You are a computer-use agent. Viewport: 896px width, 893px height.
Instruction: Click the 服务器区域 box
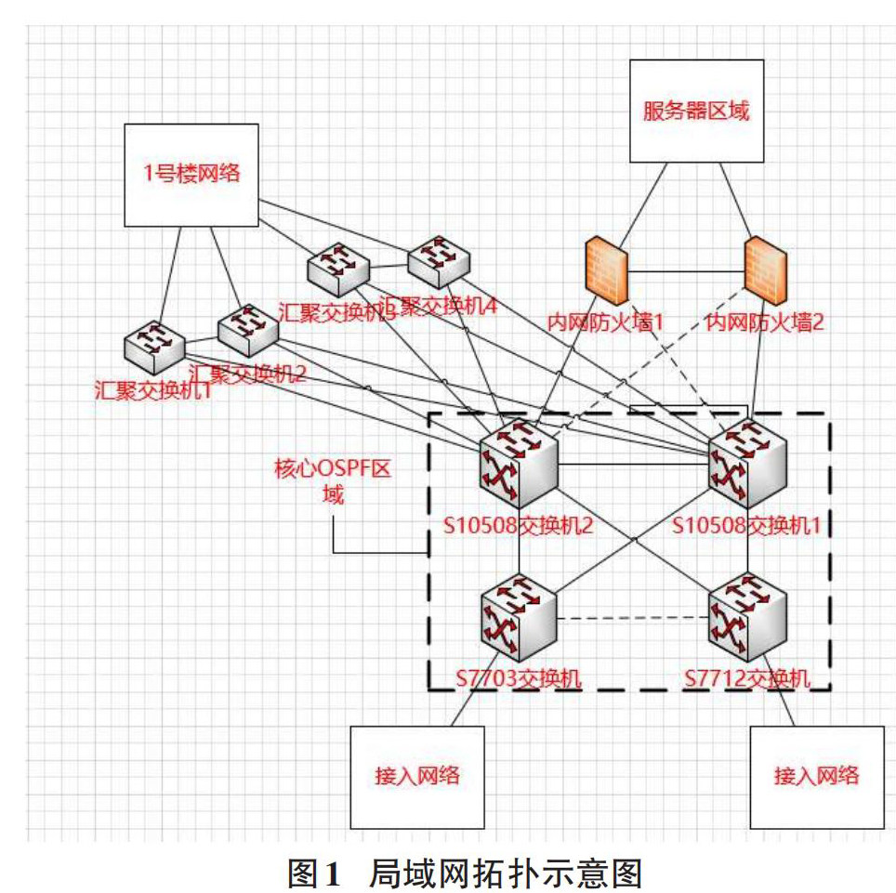pyautogui.click(x=697, y=112)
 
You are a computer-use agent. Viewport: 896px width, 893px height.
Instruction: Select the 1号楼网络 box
pyautogui.click(x=191, y=175)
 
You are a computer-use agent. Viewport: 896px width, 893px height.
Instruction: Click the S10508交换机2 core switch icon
pyautogui.click(x=519, y=462)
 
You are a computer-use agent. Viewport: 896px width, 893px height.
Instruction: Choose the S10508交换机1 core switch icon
pyautogui.click(x=747, y=462)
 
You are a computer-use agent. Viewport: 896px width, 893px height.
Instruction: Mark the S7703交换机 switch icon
pyautogui.click(x=519, y=619)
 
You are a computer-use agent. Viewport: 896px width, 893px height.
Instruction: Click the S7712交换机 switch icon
pyautogui.click(x=747, y=619)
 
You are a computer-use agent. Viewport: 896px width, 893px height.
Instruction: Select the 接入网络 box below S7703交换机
pyautogui.click(x=416, y=777)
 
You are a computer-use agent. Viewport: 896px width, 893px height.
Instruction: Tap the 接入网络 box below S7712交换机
pyautogui.click(x=816, y=777)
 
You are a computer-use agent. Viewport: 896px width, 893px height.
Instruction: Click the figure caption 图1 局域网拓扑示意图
pyautogui.click(x=465, y=873)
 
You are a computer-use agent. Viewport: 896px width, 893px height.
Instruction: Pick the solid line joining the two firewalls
pyautogui.click(x=686, y=271)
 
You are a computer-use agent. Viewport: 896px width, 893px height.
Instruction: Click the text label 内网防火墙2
pyautogui.click(x=765, y=322)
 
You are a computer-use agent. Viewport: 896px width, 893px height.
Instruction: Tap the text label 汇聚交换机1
pyautogui.click(x=153, y=389)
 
